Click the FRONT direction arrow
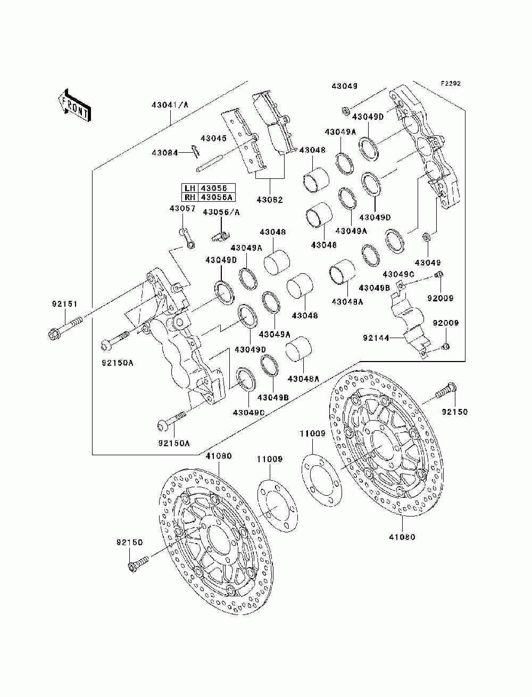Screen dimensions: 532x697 pos(75,105)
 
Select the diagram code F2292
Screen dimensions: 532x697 pos(450,84)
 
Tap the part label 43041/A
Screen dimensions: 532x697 pos(170,104)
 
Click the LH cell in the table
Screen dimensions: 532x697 pos(190,187)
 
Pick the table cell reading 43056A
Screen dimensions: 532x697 pos(217,197)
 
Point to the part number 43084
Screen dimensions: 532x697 pos(164,153)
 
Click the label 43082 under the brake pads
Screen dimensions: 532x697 pos(270,200)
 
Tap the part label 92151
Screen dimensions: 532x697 pos(65,304)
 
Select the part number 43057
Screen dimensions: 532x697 pos(182,209)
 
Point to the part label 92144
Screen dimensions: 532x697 pos(376,338)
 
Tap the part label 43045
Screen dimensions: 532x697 pos(213,138)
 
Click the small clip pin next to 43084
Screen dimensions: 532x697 pos(195,151)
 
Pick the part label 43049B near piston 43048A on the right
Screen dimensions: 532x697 pos(375,288)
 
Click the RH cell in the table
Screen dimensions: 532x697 pos(190,197)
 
